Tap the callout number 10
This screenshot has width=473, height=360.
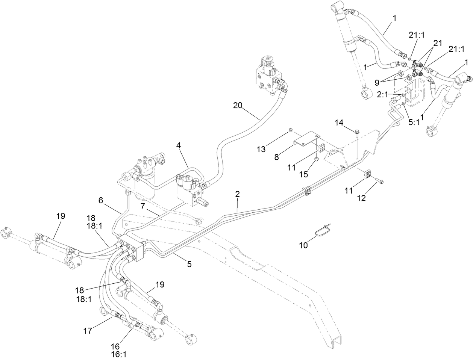click(303, 245)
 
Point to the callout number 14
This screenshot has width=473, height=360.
click(340, 123)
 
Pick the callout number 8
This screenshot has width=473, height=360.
click(276, 157)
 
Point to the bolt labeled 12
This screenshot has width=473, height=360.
click(378, 182)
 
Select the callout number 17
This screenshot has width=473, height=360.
click(88, 331)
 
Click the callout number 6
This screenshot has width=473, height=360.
click(100, 201)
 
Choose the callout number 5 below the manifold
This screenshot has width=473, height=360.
click(189, 264)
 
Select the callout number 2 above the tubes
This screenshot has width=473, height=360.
click(237, 194)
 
